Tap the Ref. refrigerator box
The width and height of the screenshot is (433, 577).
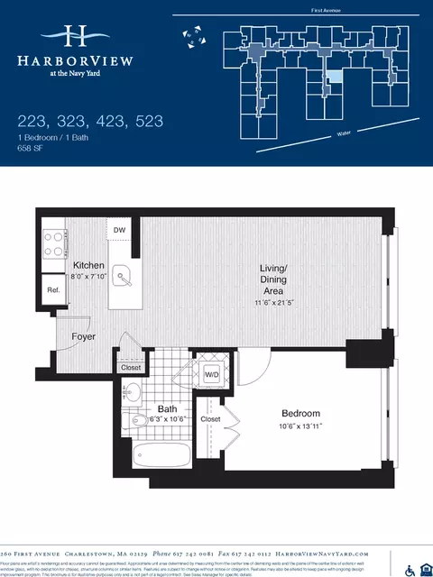[x=53, y=290]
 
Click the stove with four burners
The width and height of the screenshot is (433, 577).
[x=54, y=241]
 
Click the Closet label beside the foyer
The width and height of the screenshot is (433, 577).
[x=131, y=367]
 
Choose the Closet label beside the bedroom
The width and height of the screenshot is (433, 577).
[x=210, y=419]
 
